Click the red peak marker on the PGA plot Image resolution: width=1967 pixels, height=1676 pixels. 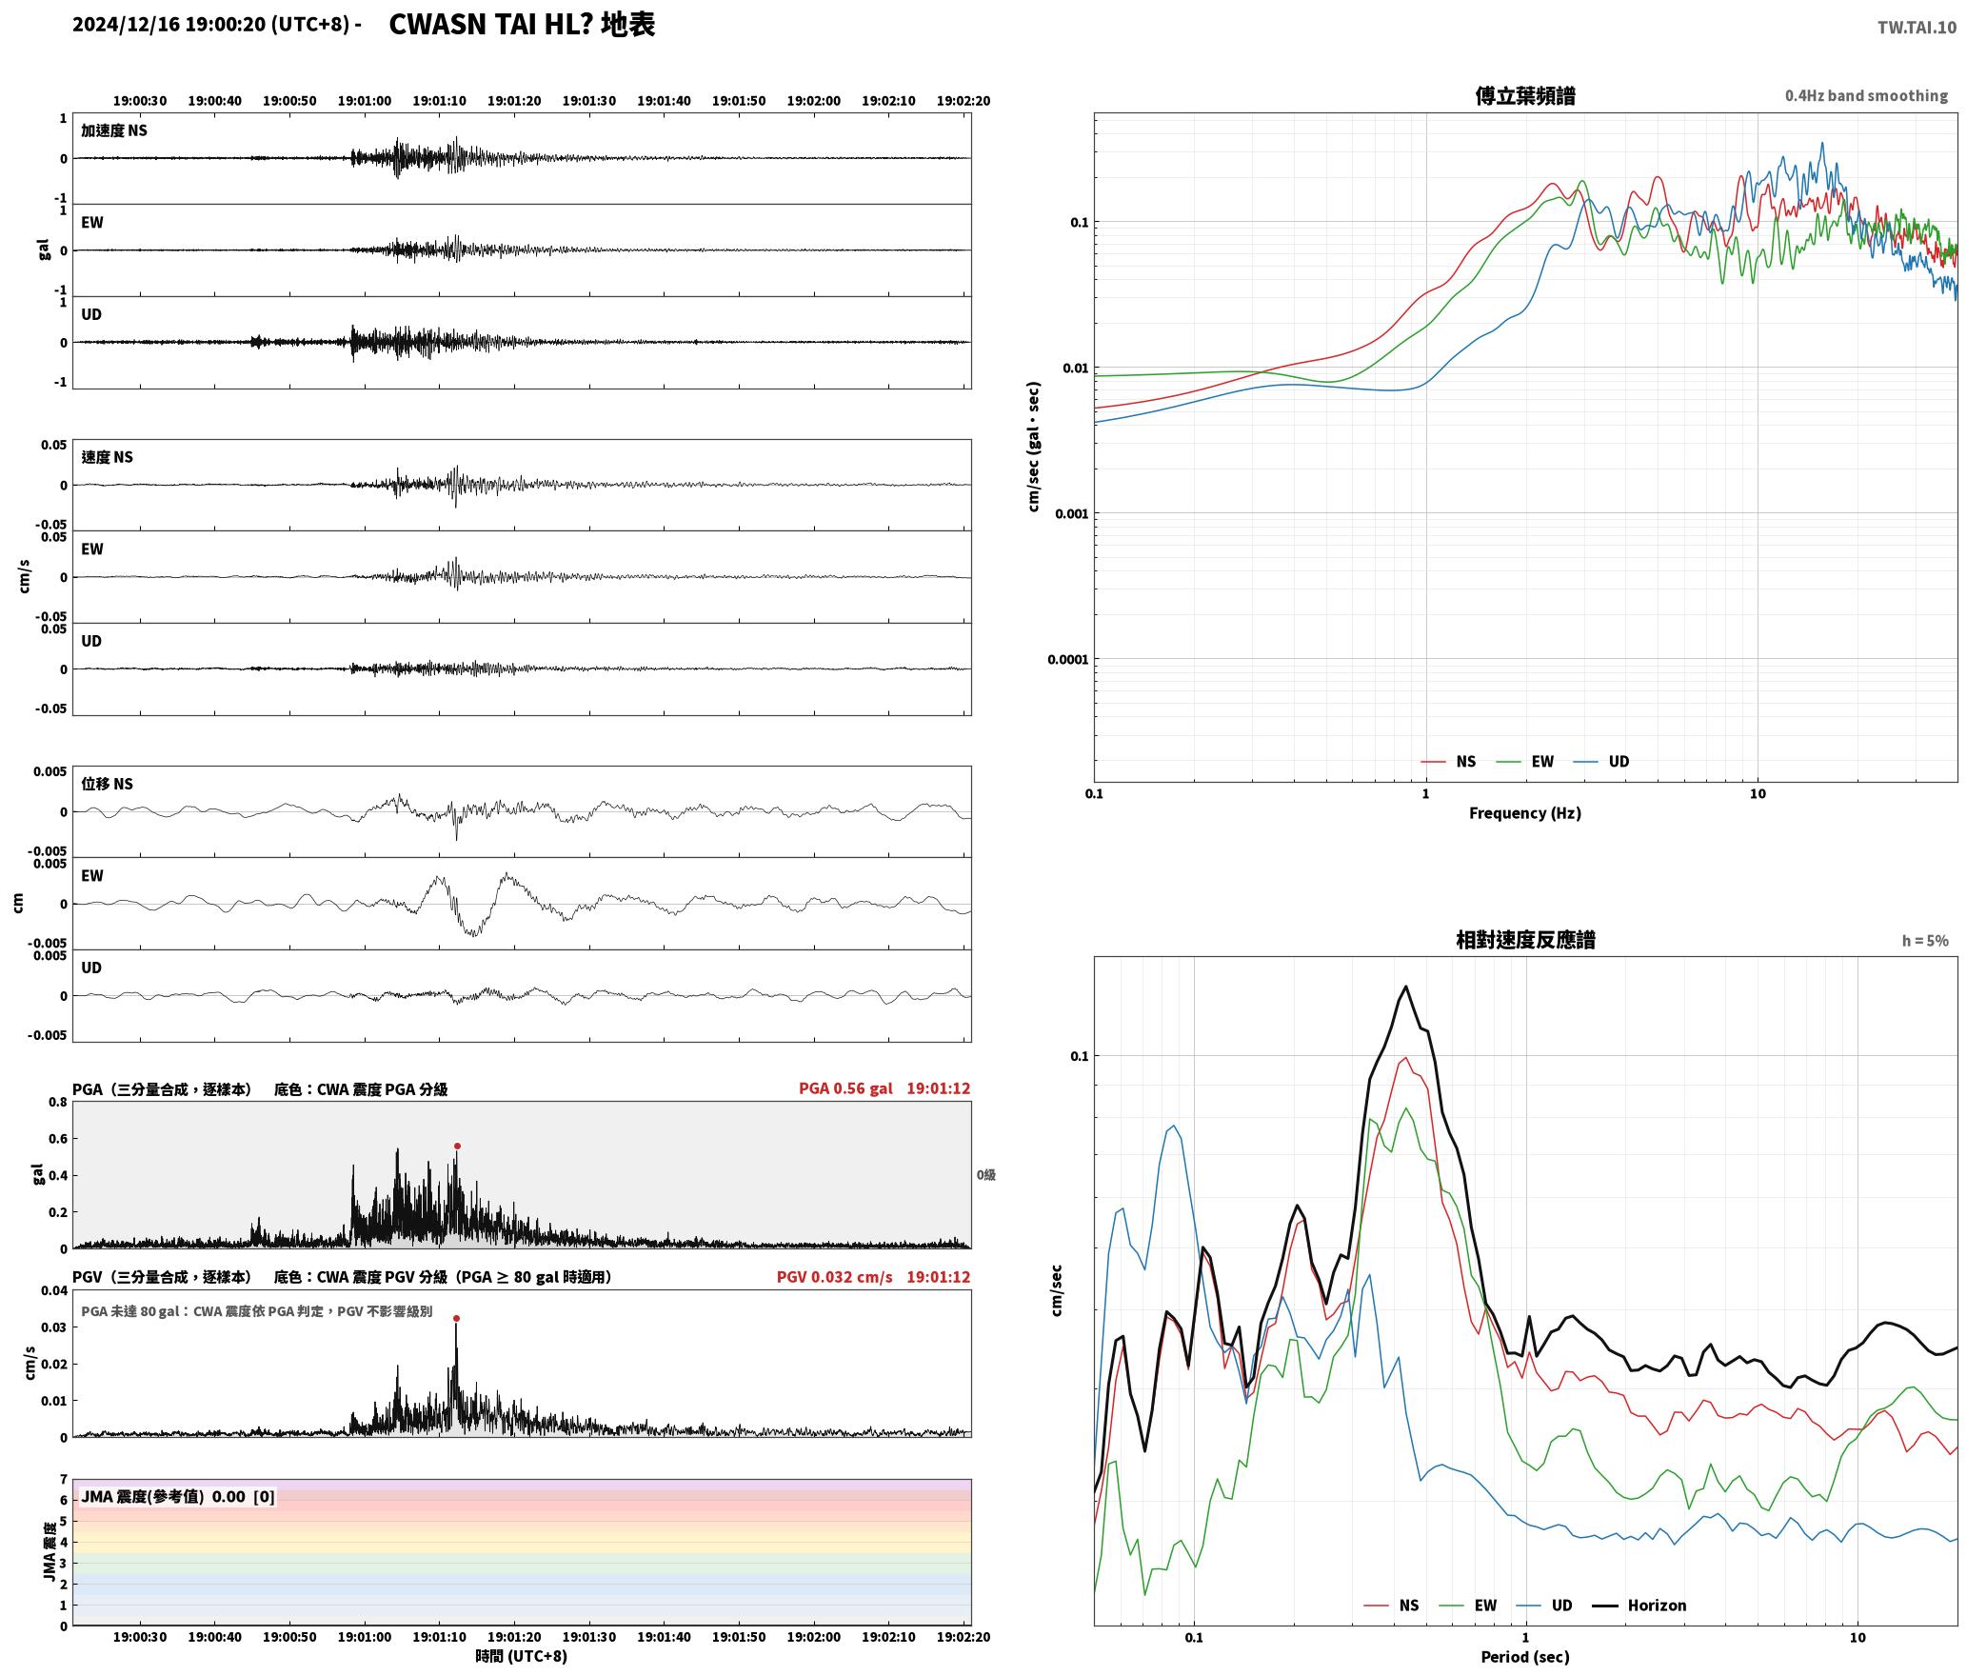pos(457,1147)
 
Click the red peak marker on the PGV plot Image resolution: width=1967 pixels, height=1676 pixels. pos(456,1319)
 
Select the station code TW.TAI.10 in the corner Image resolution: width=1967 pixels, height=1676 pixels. pos(1917,28)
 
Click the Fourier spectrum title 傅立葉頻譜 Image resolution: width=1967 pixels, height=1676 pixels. pos(1524,96)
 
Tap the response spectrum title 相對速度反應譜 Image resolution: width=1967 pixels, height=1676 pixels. pos(1525,940)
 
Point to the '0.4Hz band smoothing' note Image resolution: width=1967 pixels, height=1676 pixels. pos(1866,96)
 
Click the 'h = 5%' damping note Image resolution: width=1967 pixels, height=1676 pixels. pos(1925,941)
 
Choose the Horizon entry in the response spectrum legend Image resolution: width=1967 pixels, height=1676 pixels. pos(1657,1606)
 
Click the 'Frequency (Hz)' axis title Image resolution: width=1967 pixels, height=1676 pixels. pos(1524,813)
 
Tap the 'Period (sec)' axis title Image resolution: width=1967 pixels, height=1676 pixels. pos(1524,1657)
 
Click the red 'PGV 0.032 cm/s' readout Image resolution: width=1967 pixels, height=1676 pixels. pos(834,1277)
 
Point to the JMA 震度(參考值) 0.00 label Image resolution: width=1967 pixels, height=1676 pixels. pos(163,1497)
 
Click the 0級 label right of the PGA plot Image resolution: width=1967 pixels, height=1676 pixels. pos(985,1175)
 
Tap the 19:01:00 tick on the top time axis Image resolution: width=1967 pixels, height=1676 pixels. pos(365,101)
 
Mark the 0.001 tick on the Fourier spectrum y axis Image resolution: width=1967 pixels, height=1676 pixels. pos(1070,514)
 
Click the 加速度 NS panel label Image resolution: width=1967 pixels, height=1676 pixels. pos(114,130)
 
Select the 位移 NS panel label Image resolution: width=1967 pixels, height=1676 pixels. pos(107,784)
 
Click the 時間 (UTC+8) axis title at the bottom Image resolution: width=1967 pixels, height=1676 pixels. pos(521,1656)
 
